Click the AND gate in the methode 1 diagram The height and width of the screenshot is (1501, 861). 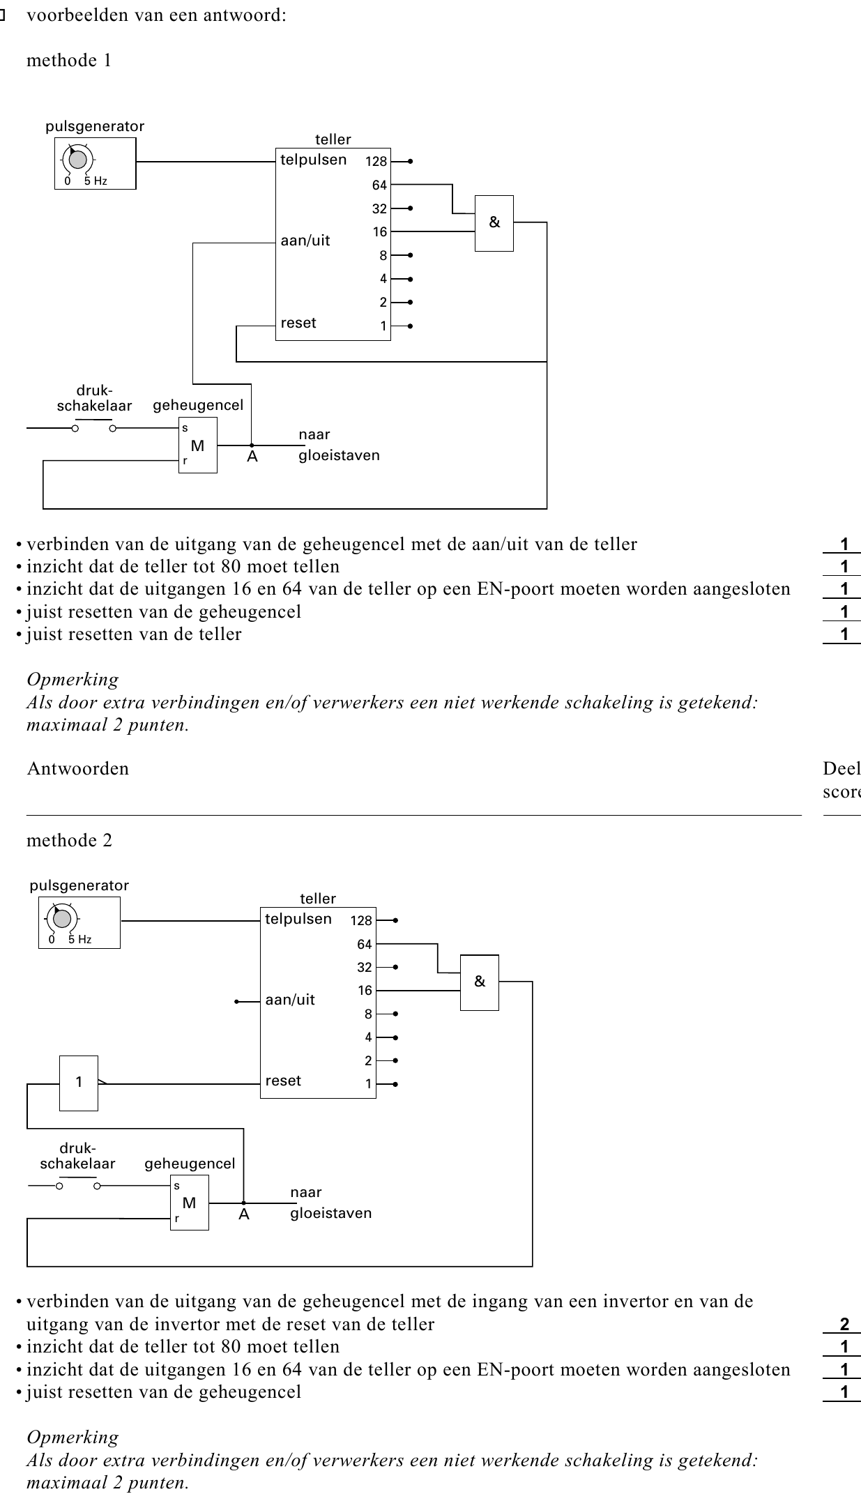click(494, 223)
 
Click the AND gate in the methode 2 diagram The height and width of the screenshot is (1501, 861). click(480, 982)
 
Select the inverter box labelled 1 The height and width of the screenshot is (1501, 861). click(79, 1083)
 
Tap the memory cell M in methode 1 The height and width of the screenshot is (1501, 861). click(198, 445)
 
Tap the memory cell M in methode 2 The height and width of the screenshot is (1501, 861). click(190, 1203)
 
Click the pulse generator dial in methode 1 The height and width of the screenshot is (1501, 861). click(78, 160)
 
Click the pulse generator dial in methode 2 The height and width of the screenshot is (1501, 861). click(62, 919)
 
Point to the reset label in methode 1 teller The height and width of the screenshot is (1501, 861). click(298, 323)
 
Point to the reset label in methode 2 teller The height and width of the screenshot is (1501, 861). click(283, 1081)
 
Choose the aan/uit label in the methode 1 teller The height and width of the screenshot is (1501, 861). click(305, 241)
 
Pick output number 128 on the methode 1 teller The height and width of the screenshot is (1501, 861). click(376, 162)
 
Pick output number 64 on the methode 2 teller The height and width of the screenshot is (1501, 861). click(365, 945)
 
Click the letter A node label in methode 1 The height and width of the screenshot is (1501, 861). click(252, 457)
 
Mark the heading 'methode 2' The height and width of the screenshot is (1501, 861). click(69, 841)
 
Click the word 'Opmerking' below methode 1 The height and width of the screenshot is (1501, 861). click(73, 680)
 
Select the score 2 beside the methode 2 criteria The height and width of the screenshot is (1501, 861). click(844, 1325)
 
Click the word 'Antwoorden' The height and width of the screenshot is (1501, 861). click(78, 769)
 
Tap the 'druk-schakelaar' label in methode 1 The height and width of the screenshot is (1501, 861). click(95, 399)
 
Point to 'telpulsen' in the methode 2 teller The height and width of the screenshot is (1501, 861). click(298, 920)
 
